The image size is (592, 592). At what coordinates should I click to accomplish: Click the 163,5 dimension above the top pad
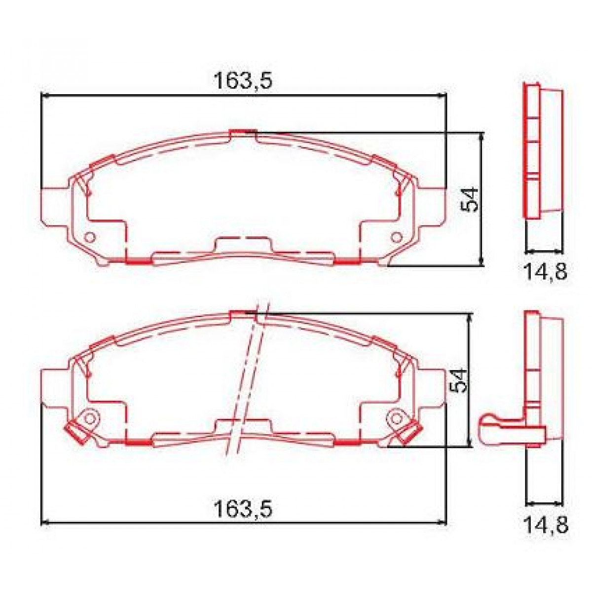click(x=242, y=80)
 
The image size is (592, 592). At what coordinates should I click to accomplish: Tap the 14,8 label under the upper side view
click(x=545, y=271)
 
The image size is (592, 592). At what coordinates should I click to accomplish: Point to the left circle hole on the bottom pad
click(x=89, y=418)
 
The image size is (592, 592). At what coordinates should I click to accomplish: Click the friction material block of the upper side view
click(x=552, y=150)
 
